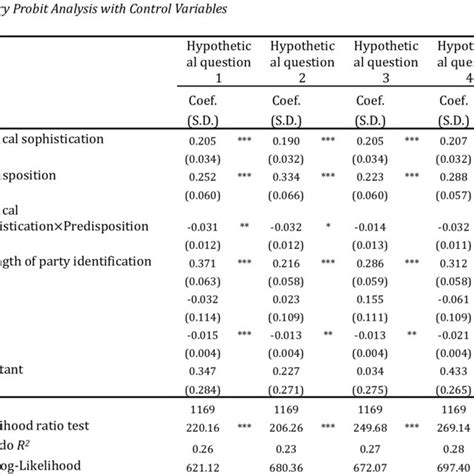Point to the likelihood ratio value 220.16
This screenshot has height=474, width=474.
pos(203,425)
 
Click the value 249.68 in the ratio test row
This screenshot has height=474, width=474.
pos(374,425)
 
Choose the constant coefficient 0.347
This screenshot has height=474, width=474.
pos(203,371)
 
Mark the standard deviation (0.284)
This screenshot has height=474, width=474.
pos(203,389)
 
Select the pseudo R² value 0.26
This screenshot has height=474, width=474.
pos(203,448)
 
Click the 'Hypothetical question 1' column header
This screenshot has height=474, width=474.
pos(217,61)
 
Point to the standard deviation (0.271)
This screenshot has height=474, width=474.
pos(289,389)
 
